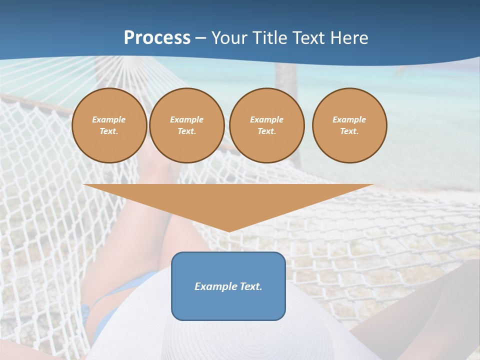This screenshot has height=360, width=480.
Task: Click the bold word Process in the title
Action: pos(157,38)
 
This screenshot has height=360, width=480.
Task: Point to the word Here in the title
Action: pos(349,38)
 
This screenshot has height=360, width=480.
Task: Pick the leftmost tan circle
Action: pos(109,145)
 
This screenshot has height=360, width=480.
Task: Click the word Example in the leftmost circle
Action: pos(109,119)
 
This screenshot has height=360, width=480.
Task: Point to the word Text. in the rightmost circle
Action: pos(349,131)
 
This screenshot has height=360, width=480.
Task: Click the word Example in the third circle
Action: pos(266,119)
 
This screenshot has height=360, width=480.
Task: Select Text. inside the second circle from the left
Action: pos(186,131)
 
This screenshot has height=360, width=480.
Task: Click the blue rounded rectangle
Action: pos(228,305)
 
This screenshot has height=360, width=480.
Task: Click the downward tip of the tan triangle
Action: pos(228,229)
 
